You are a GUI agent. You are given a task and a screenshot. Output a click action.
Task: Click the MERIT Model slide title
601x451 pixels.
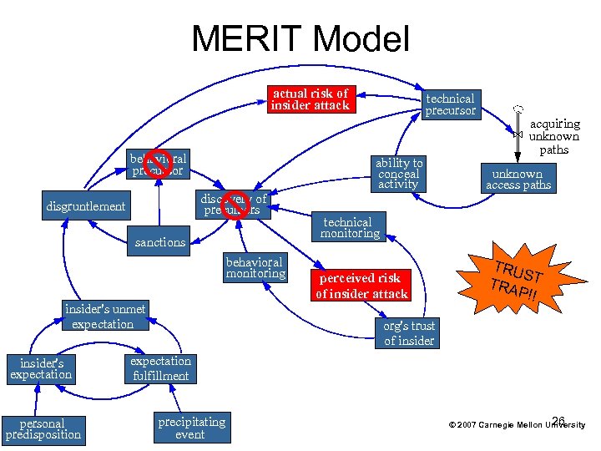[300, 39]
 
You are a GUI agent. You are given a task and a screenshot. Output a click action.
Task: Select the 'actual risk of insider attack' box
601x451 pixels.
[310, 99]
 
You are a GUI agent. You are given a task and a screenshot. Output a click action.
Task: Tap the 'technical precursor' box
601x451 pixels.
[450, 104]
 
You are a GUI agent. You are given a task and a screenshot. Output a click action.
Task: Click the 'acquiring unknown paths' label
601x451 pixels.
[553, 136]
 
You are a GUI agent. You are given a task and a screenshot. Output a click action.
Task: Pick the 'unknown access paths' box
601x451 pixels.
[518, 180]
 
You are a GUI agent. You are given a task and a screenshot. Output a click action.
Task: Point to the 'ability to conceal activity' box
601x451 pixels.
[399, 173]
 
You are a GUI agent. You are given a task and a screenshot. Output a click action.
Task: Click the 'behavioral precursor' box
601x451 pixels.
[158, 165]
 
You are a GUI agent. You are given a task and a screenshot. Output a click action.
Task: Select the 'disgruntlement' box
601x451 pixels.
[87, 206]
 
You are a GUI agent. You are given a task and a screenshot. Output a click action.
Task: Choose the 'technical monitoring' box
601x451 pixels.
[350, 228]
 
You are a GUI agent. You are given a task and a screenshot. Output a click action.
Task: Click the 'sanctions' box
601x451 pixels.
[160, 242]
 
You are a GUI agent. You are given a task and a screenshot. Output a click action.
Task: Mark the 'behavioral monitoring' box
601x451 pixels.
[255, 267]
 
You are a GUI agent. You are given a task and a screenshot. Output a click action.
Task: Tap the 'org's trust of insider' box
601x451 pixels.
[408, 333]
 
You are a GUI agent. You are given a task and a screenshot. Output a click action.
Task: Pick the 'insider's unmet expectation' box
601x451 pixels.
[104, 317]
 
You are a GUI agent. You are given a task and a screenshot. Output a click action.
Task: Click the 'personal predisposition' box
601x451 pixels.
[43, 428]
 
